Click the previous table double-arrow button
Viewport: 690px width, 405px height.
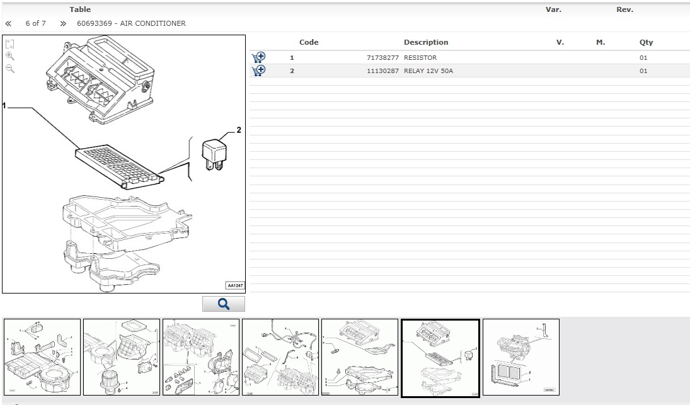click(x=8, y=24)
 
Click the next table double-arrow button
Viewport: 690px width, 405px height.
click(x=63, y=24)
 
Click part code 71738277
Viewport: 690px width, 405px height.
click(x=382, y=57)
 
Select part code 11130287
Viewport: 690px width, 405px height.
click(x=382, y=71)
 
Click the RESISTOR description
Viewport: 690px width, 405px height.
click(x=420, y=57)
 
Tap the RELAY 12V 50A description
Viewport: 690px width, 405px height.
click(x=428, y=71)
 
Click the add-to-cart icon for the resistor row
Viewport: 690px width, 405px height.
click(x=258, y=57)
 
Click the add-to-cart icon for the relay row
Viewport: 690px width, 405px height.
click(x=258, y=71)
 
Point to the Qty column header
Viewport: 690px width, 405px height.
click(x=646, y=43)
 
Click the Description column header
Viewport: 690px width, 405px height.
click(x=426, y=42)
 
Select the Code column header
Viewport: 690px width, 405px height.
click(x=309, y=42)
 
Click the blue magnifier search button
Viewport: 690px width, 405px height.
click(x=224, y=304)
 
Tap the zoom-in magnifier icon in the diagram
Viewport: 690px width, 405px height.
click(x=10, y=56)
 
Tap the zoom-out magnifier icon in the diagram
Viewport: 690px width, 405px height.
click(x=10, y=68)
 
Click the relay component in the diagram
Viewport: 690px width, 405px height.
click(x=214, y=154)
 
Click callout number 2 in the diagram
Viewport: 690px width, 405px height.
click(x=239, y=130)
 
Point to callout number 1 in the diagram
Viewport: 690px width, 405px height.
click(x=4, y=106)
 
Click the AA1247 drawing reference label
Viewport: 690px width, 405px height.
click(x=235, y=285)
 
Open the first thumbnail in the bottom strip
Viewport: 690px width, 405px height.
click(x=42, y=357)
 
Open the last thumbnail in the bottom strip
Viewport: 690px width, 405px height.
click(x=521, y=357)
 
